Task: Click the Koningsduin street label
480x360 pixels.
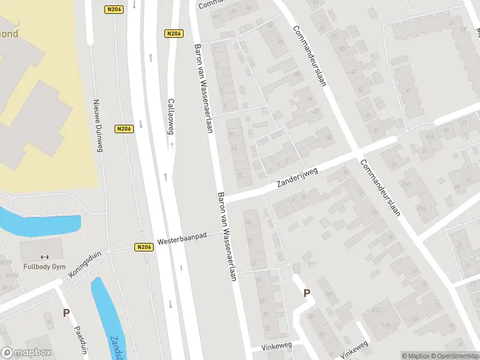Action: (x=85, y=265)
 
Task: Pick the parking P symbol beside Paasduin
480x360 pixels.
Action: (x=66, y=313)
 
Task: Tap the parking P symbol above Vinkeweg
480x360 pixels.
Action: (x=307, y=293)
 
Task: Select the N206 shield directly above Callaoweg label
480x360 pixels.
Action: (x=173, y=34)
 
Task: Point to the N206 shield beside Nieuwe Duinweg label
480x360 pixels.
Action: (x=124, y=128)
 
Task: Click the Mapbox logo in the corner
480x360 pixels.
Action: (x=26, y=353)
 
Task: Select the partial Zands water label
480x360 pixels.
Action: (x=113, y=346)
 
